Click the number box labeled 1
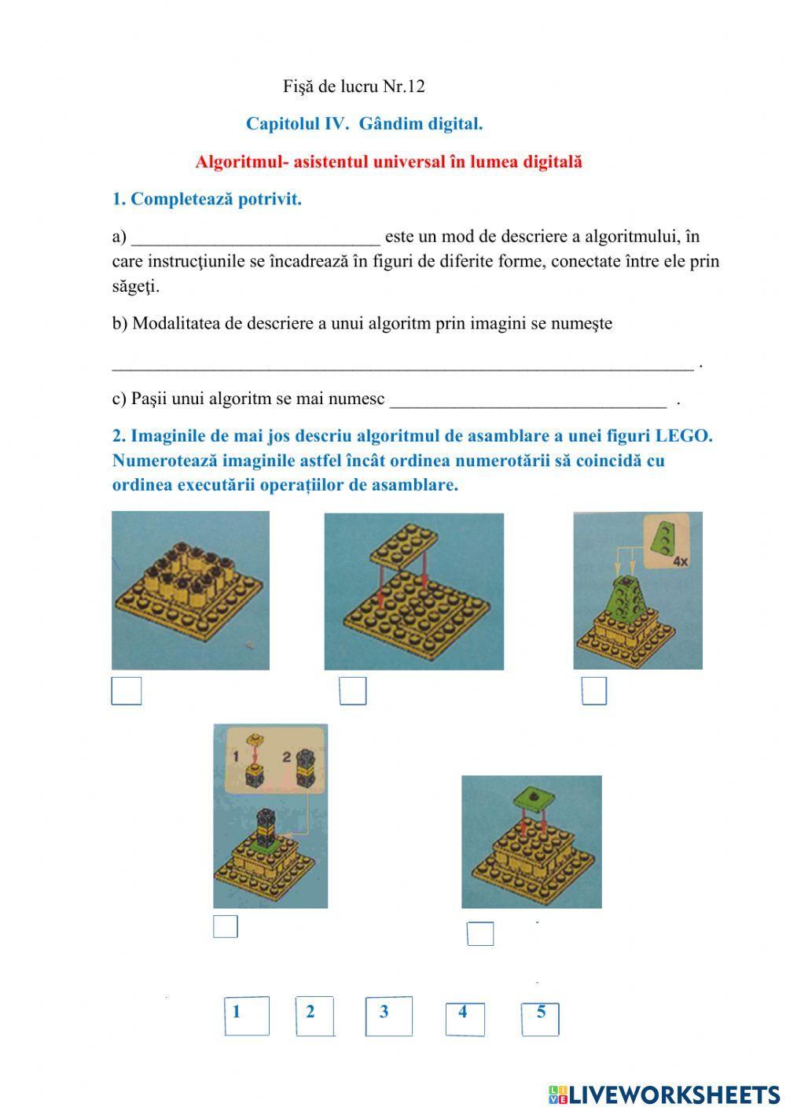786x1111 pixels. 246,1015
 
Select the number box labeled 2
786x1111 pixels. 315,1015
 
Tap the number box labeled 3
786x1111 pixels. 388,1015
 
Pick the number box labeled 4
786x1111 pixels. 465,1018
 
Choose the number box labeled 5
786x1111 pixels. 540,1019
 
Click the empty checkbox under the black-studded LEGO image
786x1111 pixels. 127,690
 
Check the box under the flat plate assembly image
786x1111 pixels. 353,690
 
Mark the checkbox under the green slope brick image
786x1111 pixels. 594,690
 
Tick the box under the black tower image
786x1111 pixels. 226,926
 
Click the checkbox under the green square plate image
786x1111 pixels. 480,933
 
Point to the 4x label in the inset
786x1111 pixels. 680,561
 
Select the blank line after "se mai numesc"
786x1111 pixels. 527,400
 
